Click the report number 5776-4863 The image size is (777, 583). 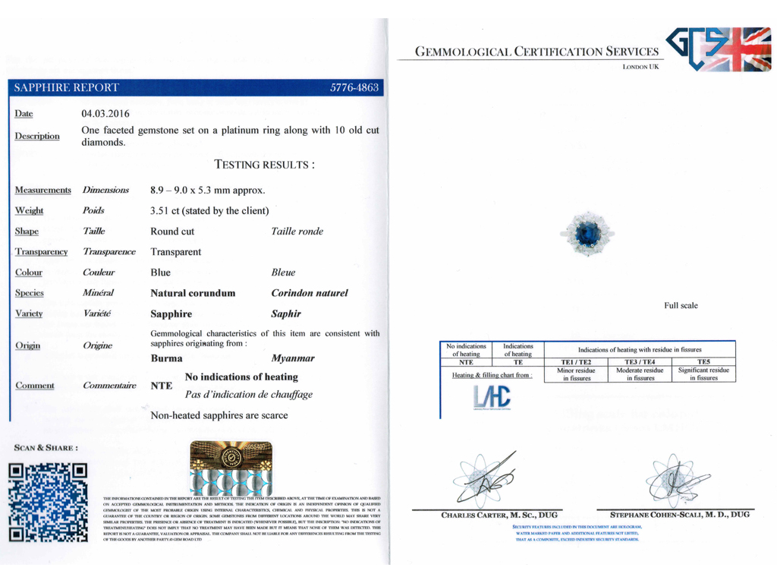354,87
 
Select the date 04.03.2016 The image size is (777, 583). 105,114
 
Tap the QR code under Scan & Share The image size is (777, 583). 47,502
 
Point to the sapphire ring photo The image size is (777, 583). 586,235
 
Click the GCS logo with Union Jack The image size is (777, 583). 718,49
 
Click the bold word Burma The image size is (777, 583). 166,358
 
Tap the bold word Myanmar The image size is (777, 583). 292,358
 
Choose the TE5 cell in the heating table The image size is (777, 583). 703,362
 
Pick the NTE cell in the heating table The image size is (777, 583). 466,362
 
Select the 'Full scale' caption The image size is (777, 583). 681,306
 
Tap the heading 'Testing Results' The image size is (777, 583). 264,164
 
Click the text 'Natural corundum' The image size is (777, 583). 193,293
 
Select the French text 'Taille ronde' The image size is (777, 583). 297,232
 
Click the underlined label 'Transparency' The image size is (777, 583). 41,252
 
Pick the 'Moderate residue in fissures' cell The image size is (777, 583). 640,373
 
